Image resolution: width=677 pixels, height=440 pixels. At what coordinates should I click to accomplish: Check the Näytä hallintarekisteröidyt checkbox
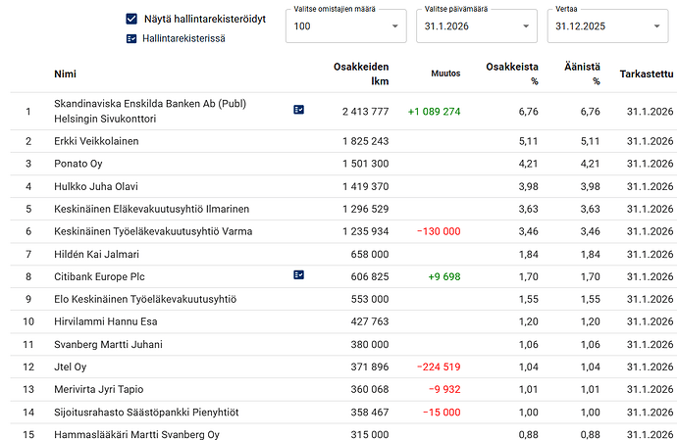[131, 19]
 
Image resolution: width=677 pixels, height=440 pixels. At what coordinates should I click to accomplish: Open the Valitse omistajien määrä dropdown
[345, 26]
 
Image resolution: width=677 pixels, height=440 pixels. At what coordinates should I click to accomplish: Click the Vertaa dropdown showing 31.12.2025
[607, 26]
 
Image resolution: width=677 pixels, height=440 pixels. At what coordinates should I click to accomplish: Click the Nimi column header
[66, 73]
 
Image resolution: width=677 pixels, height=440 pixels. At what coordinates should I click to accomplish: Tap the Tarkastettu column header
[647, 73]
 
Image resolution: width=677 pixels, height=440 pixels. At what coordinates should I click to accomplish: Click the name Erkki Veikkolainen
[96, 141]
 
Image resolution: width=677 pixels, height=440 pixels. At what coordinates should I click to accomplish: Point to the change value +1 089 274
[435, 111]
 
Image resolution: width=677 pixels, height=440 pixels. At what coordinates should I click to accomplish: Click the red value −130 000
[439, 231]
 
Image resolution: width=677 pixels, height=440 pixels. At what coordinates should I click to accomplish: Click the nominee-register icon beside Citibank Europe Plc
[299, 276]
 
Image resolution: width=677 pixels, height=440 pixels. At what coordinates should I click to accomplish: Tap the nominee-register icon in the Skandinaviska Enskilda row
[299, 111]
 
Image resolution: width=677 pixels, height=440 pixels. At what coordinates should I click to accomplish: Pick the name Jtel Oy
[71, 367]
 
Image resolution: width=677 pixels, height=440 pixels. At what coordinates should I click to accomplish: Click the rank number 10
[28, 321]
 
